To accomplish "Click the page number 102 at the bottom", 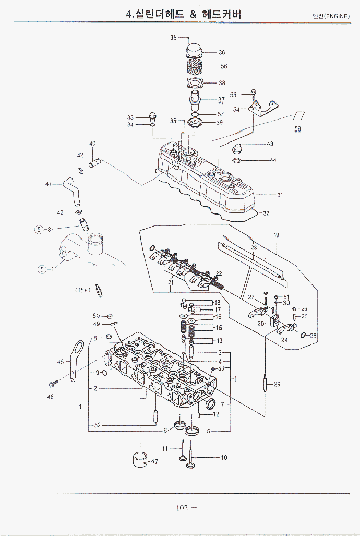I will coord(182,508).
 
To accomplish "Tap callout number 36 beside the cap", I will coord(222,52).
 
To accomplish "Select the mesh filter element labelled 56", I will coord(194,66).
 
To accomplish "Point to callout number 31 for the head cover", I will coord(280,195).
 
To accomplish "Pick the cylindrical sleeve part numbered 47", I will coord(139,460).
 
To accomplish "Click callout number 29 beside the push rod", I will coord(277,384).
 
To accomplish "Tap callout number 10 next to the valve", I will coord(224,458).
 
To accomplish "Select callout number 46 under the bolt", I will coord(50,397).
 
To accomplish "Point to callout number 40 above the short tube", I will coord(92,144).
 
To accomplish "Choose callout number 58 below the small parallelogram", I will coord(298,129).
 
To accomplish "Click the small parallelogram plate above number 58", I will coord(298,116).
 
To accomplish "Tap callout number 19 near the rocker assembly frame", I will coord(277,235).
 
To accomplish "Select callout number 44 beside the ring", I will coord(273,160).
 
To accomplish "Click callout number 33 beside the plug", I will coord(130,117).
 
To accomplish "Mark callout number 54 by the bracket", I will coord(236,110).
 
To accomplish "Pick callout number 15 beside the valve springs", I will coord(219,328).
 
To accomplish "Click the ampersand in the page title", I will coord(193,15).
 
